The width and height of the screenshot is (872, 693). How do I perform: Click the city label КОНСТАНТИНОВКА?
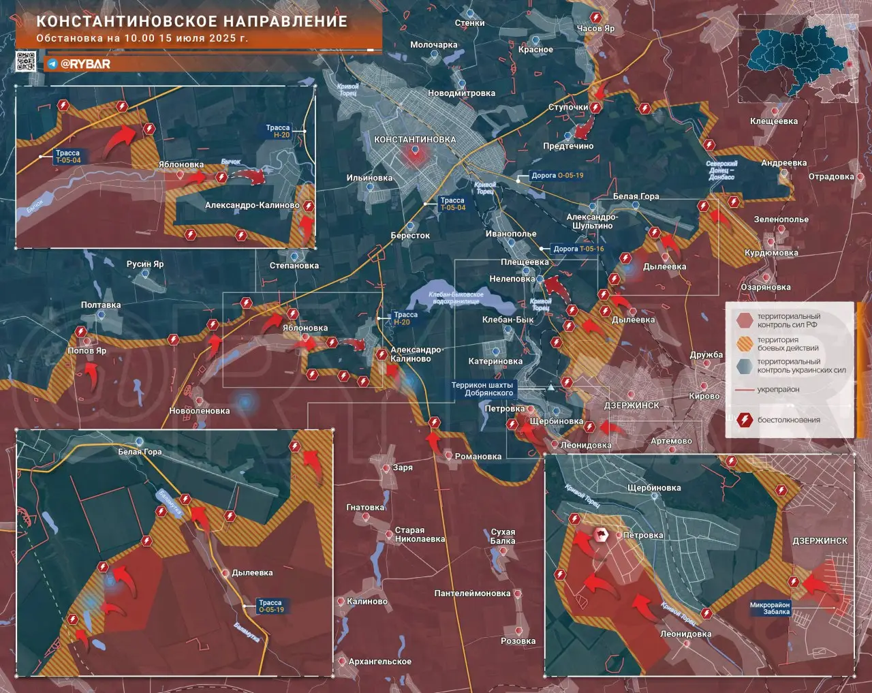tap(414, 140)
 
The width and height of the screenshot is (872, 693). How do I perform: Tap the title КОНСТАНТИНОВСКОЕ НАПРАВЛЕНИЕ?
tap(191, 21)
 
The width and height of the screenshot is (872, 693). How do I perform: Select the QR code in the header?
tap(26, 62)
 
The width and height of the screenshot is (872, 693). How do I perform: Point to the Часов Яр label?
tap(595, 29)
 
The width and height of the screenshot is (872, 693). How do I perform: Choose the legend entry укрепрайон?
tap(778, 390)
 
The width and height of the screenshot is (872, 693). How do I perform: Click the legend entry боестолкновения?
tap(788, 420)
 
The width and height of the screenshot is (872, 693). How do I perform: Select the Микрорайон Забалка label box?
tap(770, 608)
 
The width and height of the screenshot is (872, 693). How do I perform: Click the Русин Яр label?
tap(144, 264)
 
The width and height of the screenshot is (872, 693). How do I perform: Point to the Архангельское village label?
tap(379, 662)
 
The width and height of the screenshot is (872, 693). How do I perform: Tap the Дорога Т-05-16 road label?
tap(578, 249)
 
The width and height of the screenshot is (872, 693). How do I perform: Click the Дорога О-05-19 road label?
tap(557, 175)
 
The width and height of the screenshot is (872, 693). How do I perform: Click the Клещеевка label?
tap(773, 121)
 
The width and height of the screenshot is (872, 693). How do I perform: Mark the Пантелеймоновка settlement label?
tap(472, 594)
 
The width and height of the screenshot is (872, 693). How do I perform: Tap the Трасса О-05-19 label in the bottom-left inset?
tap(270, 606)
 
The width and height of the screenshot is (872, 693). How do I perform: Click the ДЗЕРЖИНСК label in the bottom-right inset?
tap(820, 540)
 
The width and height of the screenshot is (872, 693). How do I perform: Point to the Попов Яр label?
tap(87, 351)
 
